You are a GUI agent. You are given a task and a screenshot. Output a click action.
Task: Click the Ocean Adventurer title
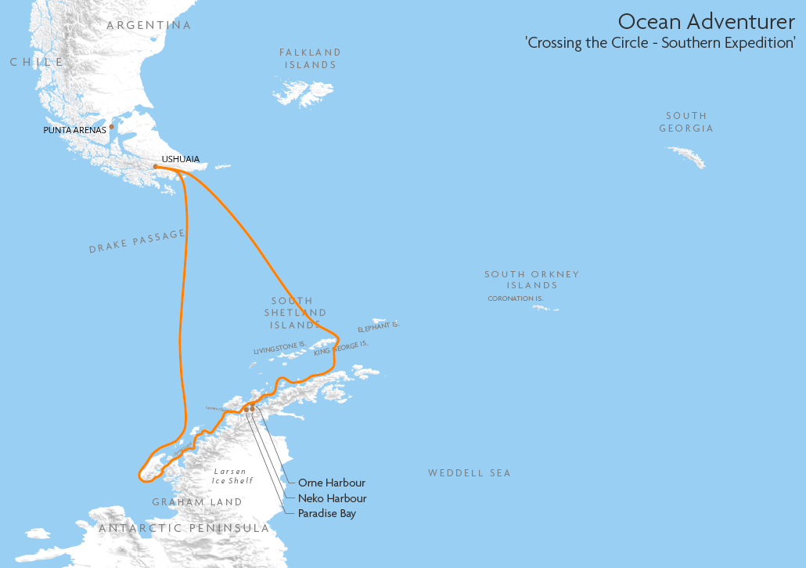[706, 21]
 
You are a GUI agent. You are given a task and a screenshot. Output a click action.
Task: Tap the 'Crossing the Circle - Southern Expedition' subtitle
[660, 43]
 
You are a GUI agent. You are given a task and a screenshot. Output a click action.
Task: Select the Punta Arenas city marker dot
[112, 126]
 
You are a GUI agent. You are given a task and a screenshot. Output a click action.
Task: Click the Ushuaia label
[180, 159]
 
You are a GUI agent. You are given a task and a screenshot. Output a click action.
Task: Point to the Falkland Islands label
[311, 59]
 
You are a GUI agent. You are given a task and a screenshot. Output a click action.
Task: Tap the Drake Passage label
[137, 241]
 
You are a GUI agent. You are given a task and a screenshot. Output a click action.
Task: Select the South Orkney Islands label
[531, 280]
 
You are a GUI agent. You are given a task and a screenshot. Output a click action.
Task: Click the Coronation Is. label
[515, 298]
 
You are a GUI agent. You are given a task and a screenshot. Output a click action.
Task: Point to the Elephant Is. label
[378, 327]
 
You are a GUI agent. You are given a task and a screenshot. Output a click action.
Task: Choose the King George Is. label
[340, 348]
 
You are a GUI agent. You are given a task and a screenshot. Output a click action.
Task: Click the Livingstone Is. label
[279, 349]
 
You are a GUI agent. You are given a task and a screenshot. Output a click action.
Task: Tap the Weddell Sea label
[469, 473]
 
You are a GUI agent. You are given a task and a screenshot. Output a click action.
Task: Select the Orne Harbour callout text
[331, 483]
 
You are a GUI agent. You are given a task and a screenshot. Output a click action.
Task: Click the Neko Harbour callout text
[332, 498]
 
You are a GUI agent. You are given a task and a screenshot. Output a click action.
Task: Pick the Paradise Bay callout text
[326, 514]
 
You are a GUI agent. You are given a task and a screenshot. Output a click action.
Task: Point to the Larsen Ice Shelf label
[232, 476]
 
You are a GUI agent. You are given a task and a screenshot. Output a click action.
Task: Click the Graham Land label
[196, 502]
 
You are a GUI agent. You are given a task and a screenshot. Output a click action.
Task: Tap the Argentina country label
[149, 25]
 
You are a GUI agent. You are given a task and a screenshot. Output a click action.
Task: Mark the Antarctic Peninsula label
[184, 529]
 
